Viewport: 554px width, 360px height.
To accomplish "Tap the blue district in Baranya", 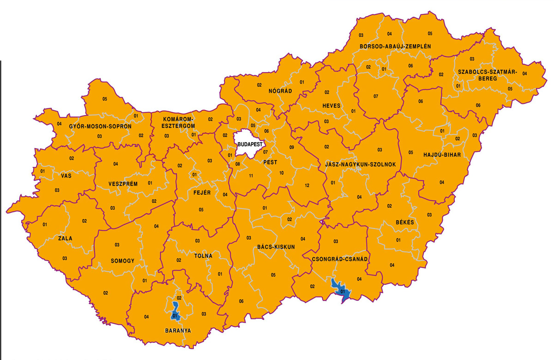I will [x=175, y=312].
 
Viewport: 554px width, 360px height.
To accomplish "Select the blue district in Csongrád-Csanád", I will [x=341, y=289].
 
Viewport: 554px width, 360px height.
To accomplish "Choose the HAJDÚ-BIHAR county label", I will [x=442, y=155].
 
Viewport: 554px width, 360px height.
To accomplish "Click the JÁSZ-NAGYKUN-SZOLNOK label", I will [x=360, y=164].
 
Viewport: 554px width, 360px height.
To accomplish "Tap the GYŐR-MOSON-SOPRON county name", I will [x=100, y=126].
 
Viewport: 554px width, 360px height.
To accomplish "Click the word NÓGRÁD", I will [x=280, y=91].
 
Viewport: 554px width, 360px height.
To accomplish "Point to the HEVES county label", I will [x=331, y=106].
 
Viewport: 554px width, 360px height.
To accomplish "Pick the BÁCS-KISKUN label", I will [x=276, y=247].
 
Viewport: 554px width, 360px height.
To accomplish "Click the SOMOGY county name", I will [x=122, y=261].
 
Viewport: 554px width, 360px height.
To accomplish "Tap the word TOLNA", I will [x=203, y=256].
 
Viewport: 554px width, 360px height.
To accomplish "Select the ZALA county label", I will [x=65, y=239].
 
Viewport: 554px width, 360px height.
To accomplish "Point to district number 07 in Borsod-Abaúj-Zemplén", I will [x=375, y=96].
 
